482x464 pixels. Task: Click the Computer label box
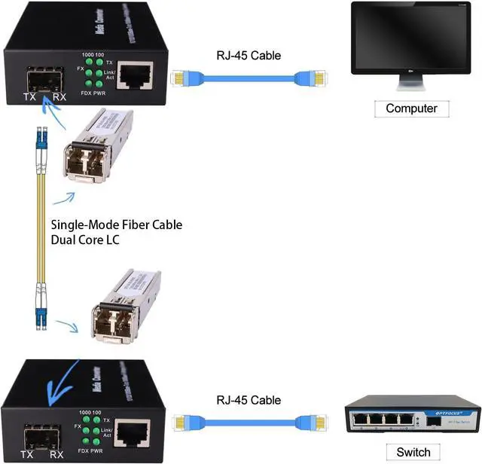[x=411, y=108]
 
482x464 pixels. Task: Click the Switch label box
[x=413, y=452]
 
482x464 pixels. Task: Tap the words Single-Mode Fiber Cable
[x=116, y=224]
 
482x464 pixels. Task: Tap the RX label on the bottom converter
[x=56, y=454]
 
